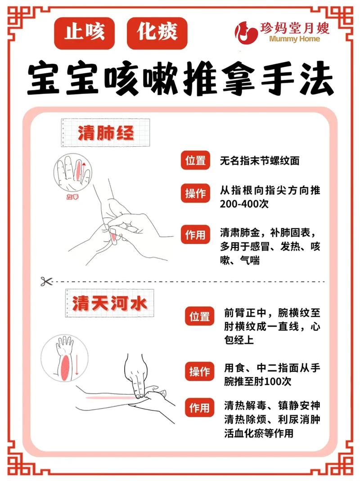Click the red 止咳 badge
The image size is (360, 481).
85,32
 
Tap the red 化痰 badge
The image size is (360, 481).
157,32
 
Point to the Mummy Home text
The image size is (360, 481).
295,39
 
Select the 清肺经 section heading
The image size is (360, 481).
105,133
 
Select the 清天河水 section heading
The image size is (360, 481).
109,304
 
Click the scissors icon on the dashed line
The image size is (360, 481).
46,281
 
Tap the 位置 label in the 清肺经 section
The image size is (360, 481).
196,160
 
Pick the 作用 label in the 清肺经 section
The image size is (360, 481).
196,234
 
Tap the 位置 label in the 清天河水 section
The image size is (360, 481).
199,316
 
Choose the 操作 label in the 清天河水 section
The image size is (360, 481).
199,372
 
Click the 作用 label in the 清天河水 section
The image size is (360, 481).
199,408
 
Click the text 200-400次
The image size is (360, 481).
244,203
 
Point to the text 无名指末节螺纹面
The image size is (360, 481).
260,161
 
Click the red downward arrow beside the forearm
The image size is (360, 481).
77,364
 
